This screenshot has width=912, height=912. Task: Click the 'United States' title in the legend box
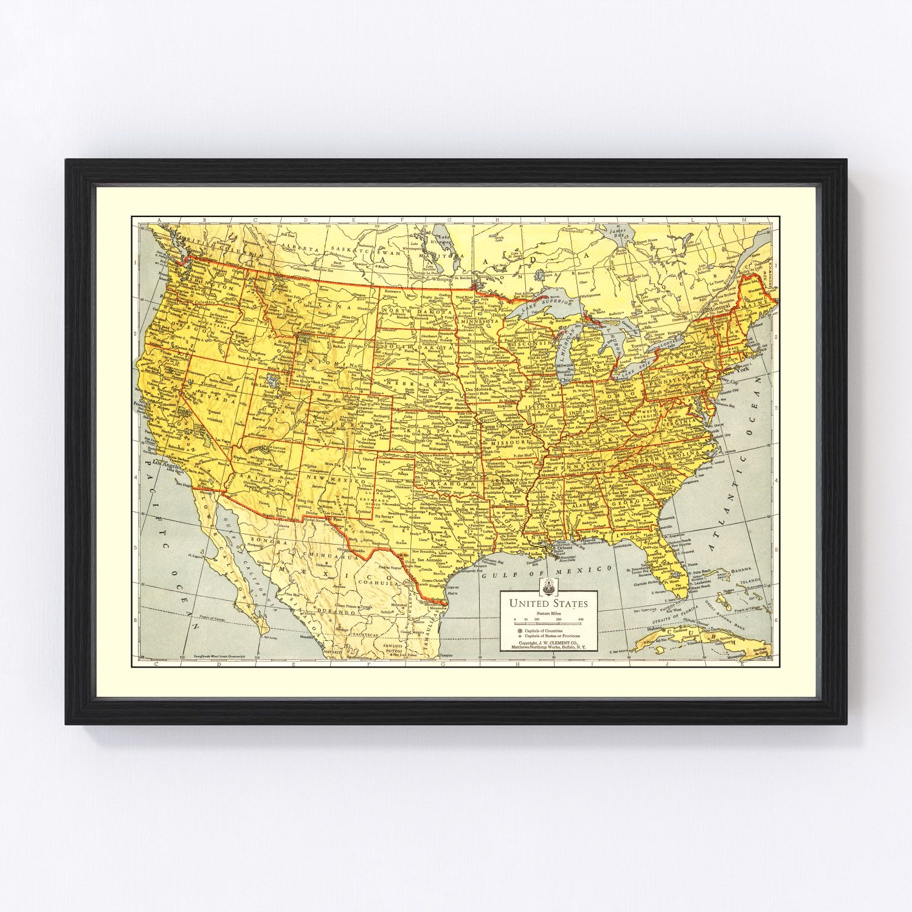point(548,604)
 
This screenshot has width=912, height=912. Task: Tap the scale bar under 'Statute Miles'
point(548,623)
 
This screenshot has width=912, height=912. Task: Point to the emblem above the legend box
point(548,586)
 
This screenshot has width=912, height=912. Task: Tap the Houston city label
point(466,555)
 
